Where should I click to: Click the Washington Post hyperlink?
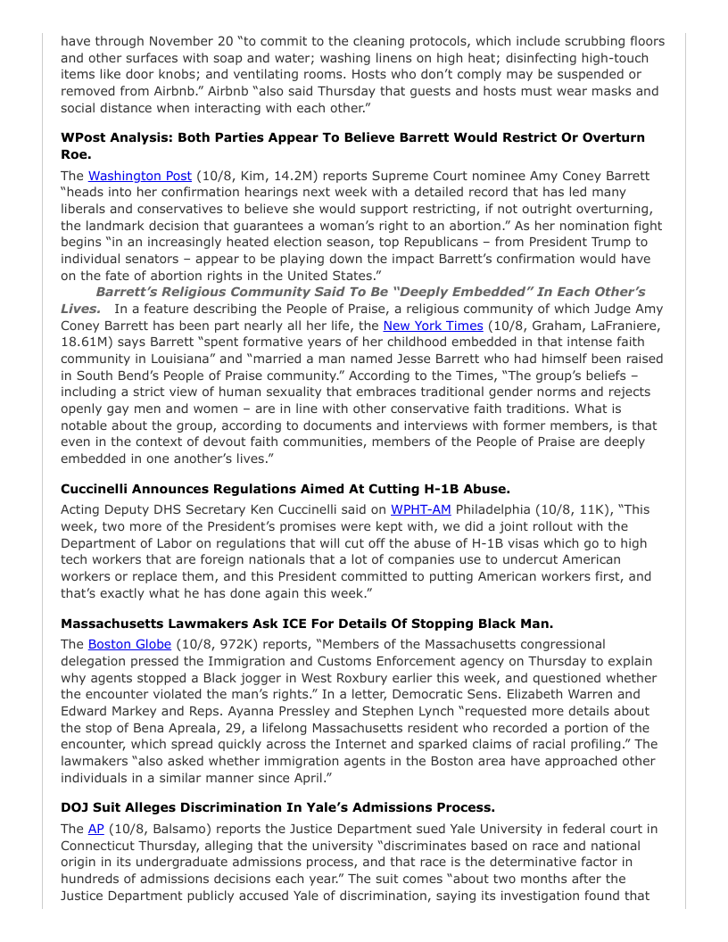[139, 176]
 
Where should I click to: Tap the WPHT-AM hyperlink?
[420, 509]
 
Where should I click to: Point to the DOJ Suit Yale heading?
[277, 808]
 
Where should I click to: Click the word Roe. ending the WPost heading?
[76, 154]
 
